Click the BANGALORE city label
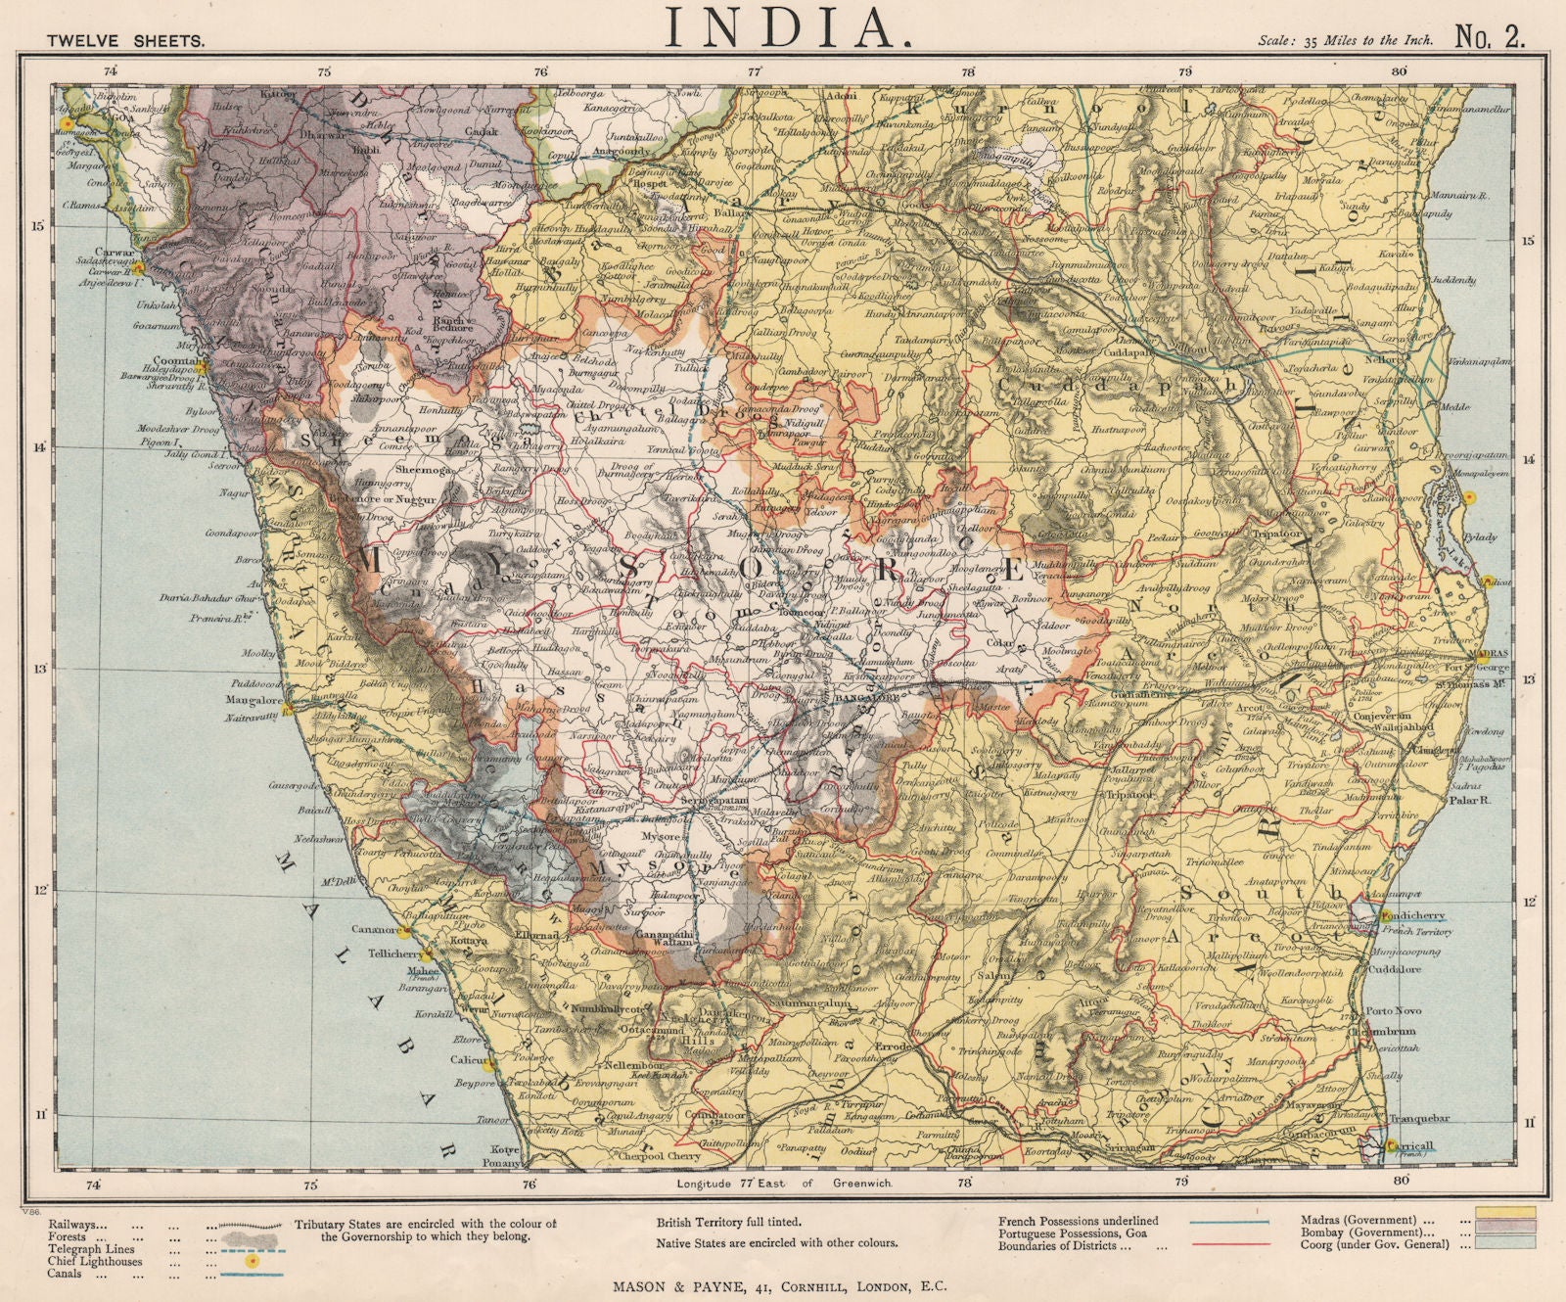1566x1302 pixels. pos(868,699)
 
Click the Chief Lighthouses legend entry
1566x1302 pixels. pos(93,1262)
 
